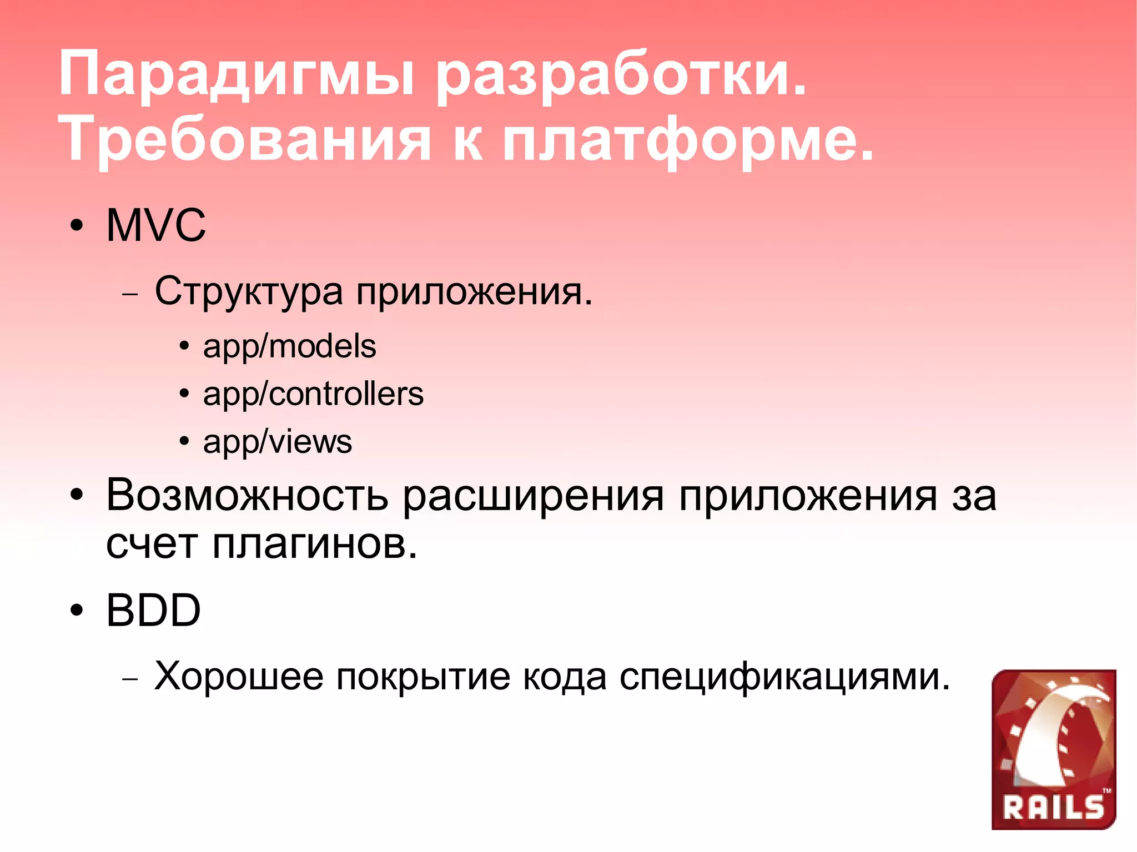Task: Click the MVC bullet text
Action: tap(155, 225)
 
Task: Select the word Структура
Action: tap(249, 291)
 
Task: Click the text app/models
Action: tap(289, 346)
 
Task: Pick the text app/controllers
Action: tap(313, 394)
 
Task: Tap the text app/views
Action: tap(278, 442)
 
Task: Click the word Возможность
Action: tap(246, 495)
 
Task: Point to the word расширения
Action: tap(533, 495)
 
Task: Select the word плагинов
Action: tap(315, 544)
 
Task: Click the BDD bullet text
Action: tap(153, 611)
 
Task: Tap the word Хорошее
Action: tap(239, 676)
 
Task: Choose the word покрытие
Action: tap(423, 676)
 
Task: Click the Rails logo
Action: tap(1053, 749)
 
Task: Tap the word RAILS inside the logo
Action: tap(1053, 808)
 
